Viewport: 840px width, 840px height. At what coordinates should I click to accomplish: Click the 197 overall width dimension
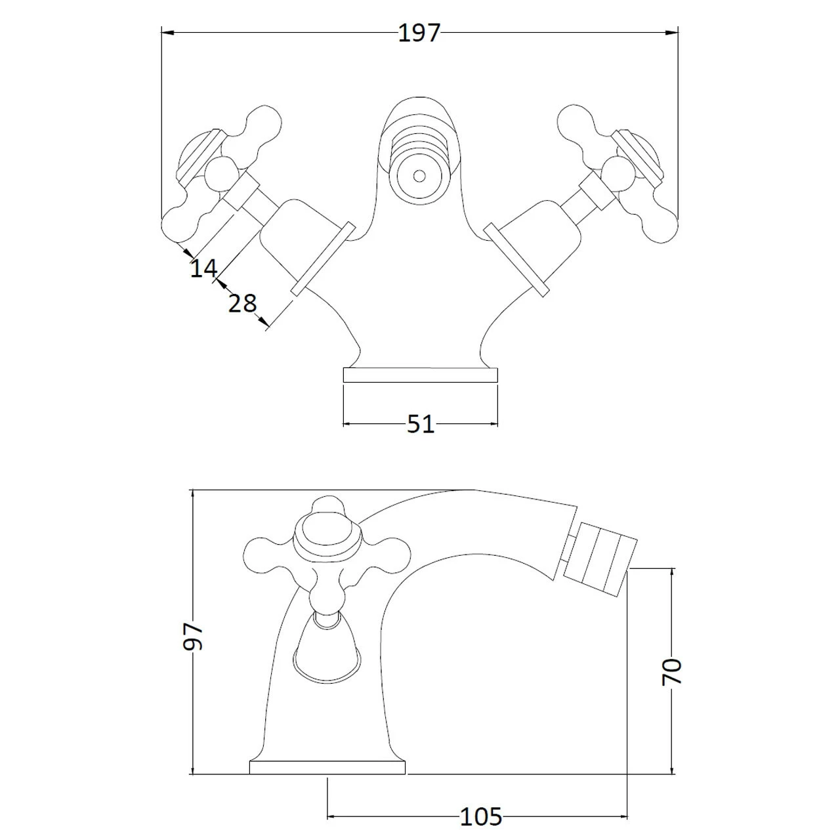(419, 33)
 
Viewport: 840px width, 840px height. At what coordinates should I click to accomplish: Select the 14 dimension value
(203, 268)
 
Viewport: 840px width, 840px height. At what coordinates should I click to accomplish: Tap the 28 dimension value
(242, 303)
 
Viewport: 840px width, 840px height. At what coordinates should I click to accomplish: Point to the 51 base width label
(421, 424)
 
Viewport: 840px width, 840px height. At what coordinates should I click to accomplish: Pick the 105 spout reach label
(480, 817)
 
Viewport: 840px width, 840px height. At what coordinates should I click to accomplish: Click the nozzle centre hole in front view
(418, 176)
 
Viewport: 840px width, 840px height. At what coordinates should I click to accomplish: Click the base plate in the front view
(421, 375)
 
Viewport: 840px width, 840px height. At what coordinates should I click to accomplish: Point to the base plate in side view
(327, 767)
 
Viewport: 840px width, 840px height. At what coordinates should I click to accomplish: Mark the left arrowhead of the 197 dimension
(166, 31)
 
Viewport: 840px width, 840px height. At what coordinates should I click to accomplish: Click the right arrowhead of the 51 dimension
(493, 424)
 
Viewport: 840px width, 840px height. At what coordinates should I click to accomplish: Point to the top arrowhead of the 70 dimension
(671, 574)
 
